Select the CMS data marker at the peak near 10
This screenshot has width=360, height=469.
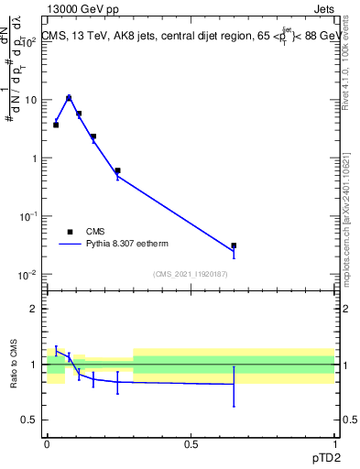[69, 98]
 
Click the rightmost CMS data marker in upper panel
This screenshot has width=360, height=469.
[234, 245]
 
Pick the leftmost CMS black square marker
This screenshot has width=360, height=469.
[56, 125]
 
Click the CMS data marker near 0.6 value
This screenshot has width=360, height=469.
[117, 170]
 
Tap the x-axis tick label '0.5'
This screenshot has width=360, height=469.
[191, 443]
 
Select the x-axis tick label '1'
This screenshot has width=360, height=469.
[334, 443]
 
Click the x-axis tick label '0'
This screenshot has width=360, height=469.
[47, 443]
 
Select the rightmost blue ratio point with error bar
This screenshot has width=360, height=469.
[234, 384]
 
